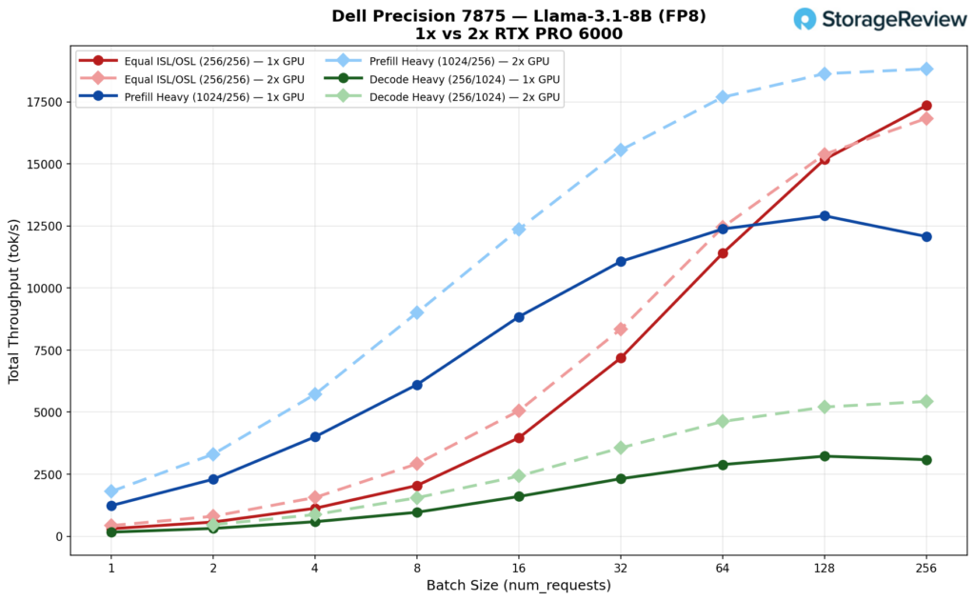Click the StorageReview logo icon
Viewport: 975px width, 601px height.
(806, 19)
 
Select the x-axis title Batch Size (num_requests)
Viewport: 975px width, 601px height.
(519, 585)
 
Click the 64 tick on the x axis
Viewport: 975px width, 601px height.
(723, 568)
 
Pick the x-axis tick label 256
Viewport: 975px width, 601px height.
(926, 568)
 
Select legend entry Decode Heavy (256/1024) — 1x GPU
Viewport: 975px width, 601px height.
(432, 79)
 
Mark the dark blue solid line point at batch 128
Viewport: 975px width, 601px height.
(825, 215)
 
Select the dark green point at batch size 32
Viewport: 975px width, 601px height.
(621, 479)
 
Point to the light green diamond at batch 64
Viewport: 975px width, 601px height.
(723, 421)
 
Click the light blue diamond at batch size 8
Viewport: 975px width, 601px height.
(417, 312)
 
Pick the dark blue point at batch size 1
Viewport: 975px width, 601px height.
(111, 506)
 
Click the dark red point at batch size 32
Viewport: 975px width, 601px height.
(621, 358)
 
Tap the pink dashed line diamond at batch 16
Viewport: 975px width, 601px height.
(519, 411)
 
